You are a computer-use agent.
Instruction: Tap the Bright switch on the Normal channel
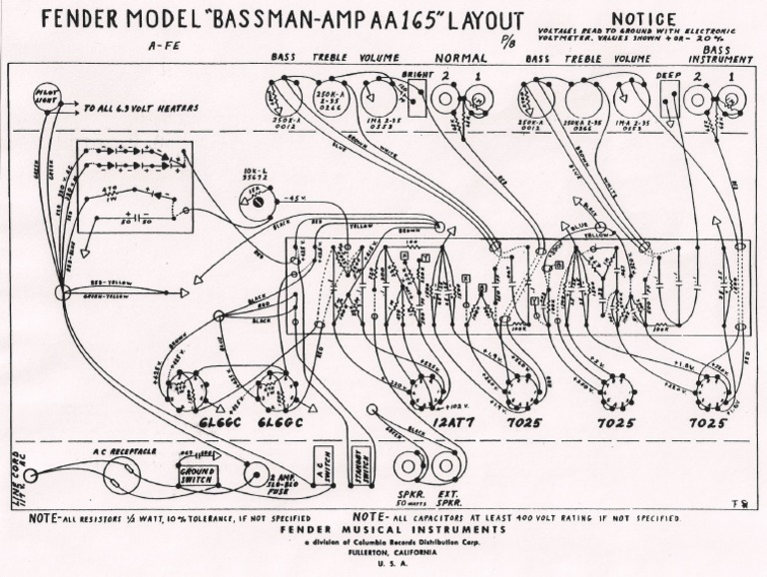[x=415, y=95]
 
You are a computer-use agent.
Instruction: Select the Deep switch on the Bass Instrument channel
[x=668, y=96]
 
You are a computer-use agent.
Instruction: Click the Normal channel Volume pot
[x=381, y=97]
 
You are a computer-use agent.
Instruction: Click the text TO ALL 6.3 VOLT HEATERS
[x=140, y=108]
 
